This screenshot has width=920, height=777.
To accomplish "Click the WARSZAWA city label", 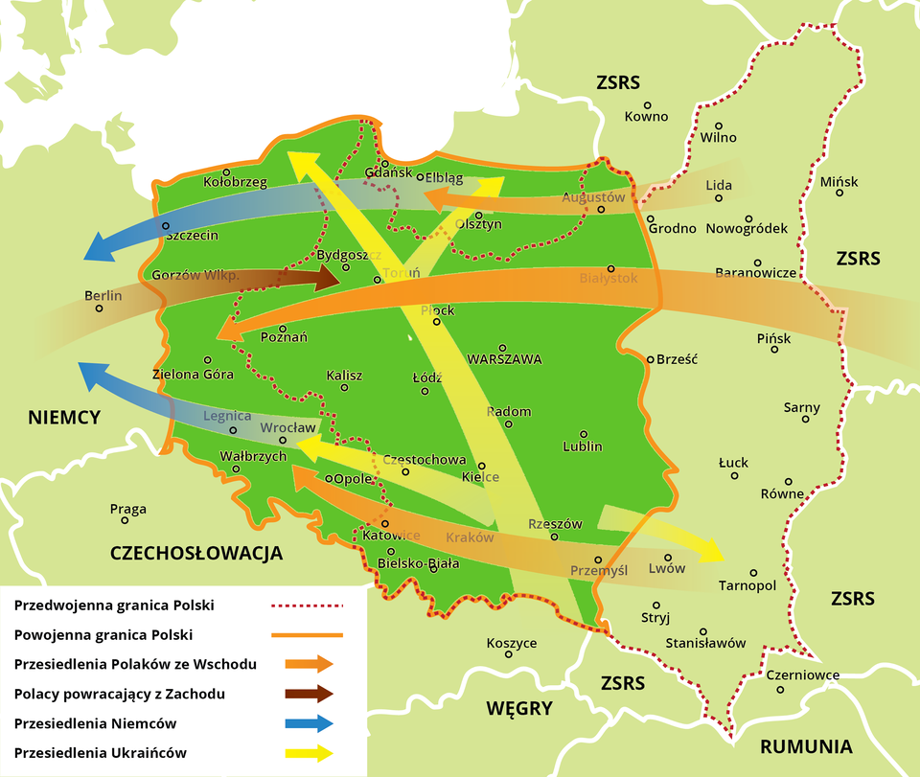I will click(x=504, y=359).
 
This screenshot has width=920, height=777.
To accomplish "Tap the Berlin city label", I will click(x=103, y=296).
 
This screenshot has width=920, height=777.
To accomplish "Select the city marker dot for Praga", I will click(x=125, y=520).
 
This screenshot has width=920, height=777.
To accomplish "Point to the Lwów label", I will click(x=667, y=568).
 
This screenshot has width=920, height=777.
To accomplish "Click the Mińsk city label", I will click(x=839, y=182).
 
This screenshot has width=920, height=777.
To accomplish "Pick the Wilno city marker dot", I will click(x=719, y=126).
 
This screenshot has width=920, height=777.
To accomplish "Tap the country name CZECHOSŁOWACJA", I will click(x=196, y=553).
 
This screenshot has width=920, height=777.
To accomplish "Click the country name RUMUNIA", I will click(x=806, y=746).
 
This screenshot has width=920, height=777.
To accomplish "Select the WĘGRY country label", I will click(x=518, y=709).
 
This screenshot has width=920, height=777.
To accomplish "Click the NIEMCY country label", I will click(x=64, y=418).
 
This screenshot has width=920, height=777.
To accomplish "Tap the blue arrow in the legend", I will click(x=309, y=723).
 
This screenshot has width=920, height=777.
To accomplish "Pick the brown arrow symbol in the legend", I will click(x=309, y=694).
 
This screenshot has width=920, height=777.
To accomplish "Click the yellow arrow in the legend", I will click(x=309, y=753).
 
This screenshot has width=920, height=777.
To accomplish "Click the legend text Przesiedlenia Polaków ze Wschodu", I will click(x=135, y=664).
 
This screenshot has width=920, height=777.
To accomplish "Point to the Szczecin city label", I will click(x=192, y=235).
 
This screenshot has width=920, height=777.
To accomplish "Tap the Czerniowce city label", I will click(x=803, y=675).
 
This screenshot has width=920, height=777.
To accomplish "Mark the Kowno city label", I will click(x=646, y=117).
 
